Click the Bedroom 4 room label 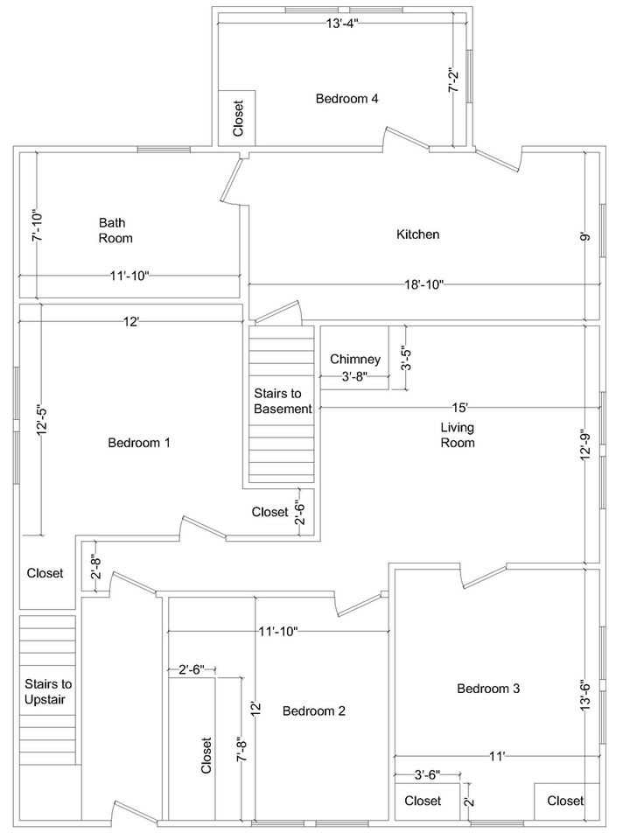(x=346, y=99)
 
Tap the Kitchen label (x=417, y=234)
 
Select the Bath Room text (x=115, y=230)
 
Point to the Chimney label (x=354, y=360)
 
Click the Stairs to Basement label (x=283, y=401)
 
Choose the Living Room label (x=457, y=435)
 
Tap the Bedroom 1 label (x=138, y=443)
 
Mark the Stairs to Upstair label (x=48, y=691)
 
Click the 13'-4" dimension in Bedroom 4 (x=342, y=24)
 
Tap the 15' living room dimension (x=460, y=408)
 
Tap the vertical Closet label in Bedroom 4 (x=238, y=117)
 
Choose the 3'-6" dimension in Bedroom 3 (x=427, y=774)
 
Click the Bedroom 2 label (x=313, y=711)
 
